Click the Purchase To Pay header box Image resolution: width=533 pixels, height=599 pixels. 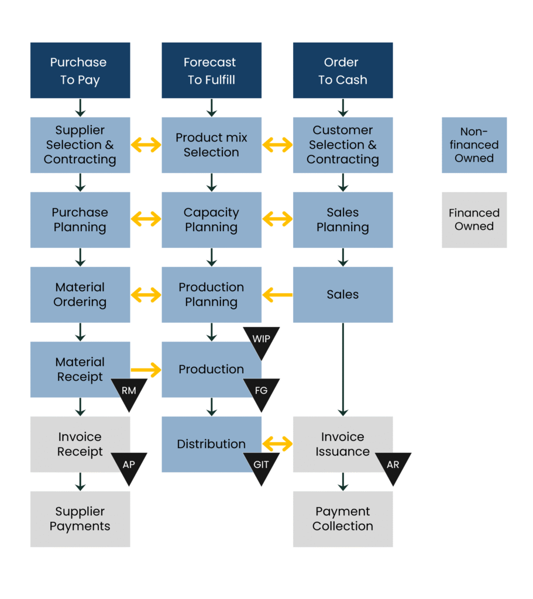tap(80, 70)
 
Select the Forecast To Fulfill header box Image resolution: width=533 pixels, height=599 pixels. tap(211, 70)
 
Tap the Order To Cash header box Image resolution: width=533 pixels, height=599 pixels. tap(343, 70)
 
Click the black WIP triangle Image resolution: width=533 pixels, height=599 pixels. tap(261, 340)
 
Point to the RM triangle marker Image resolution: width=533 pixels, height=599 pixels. tap(129, 392)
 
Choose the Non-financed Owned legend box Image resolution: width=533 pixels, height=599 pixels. tap(474, 145)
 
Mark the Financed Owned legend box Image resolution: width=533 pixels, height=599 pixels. tap(474, 220)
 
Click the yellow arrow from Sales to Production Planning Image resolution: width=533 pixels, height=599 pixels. tap(277, 295)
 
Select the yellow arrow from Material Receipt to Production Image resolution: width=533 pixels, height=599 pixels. tap(146, 370)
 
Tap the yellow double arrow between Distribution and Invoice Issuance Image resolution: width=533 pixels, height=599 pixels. tap(277, 445)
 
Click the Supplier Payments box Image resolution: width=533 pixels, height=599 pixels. tap(80, 519)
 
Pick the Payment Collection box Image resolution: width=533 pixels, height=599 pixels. tap(343, 519)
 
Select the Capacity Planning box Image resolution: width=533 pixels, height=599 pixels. tap(211, 220)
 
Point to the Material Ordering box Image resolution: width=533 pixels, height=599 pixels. tap(80, 295)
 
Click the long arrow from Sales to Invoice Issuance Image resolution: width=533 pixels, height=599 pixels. tap(343, 369)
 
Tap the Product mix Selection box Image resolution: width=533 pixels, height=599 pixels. tap(211, 145)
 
